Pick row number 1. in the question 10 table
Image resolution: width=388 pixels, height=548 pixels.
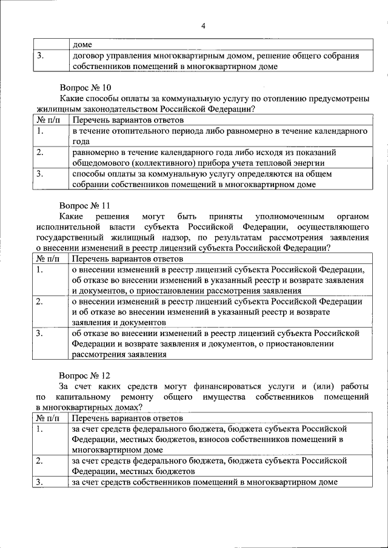pyautogui.click(x=40, y=131)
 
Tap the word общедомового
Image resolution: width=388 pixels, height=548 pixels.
pyautogui.click(x=99, y=163)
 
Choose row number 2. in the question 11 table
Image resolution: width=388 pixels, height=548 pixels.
pyautogui.click(x=40, y=300)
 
